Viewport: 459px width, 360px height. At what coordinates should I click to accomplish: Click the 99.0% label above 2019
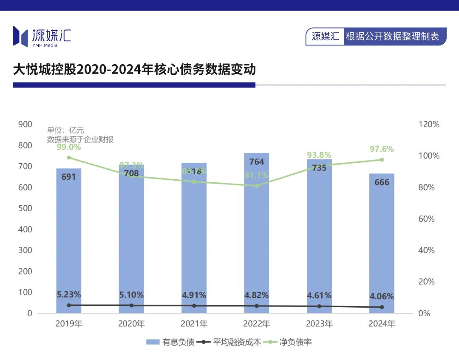[x=69, y=147]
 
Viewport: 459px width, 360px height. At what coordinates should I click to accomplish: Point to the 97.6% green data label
[x=382, y=149]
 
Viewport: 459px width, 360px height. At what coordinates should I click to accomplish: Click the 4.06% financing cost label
[x=382, y=296]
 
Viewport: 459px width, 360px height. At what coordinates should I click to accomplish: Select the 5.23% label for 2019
[x=69, y=295]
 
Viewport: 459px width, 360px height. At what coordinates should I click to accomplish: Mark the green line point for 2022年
[x=256, y=186]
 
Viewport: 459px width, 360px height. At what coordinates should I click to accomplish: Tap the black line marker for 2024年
[x=382, y=307]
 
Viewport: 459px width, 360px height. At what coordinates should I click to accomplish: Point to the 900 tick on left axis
[x=25, y=124]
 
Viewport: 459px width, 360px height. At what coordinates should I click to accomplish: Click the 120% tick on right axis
[x=428, y=125]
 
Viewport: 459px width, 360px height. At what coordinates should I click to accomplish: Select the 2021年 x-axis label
[x=194, y=324]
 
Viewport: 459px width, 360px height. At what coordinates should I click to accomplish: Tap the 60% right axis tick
[x=426, y=219]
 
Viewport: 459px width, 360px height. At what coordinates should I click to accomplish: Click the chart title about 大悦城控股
[x=134, y=69]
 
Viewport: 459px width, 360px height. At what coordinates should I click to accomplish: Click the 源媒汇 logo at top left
[x=42, y=37]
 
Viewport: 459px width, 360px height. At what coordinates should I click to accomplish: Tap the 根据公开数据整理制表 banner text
[x=392, y=37]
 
